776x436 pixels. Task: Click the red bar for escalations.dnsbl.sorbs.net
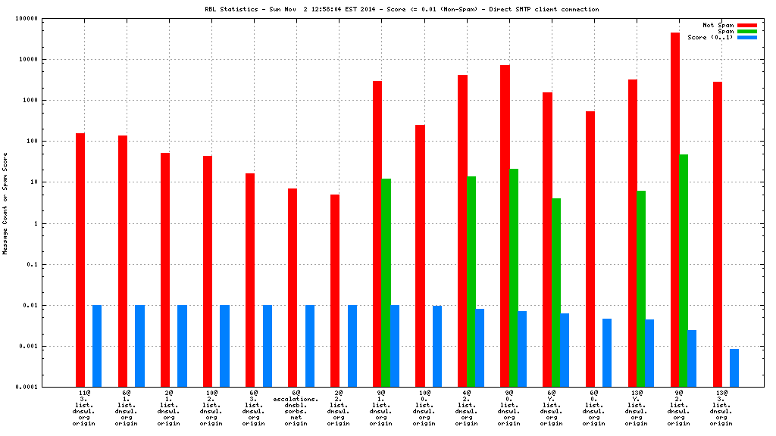click(292, 288)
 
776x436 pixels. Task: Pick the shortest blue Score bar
click(734, 368)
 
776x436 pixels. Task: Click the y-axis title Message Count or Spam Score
click(5, 203)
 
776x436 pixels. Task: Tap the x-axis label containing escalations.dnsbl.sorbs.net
click(296, 408)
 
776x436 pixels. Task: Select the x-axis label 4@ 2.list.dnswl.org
click(466, 408)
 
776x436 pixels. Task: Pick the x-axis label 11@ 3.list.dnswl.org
click(84, 408)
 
